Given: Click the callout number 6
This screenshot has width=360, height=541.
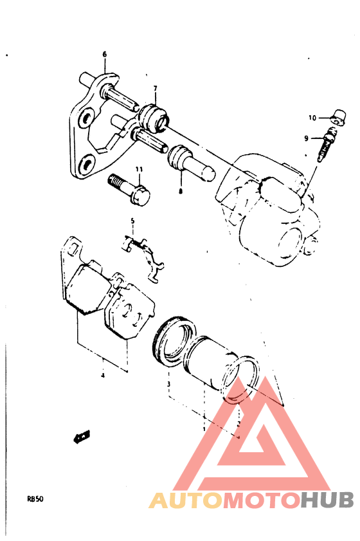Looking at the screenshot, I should click(x=104, y=55).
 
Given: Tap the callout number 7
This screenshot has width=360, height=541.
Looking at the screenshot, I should click(x=155, y=88).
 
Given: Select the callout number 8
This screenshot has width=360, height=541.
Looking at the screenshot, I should click(x=181, y=191).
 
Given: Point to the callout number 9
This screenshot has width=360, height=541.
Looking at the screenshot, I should click(x=307, y=138).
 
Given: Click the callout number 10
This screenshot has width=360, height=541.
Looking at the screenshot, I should click(x=311, y=118).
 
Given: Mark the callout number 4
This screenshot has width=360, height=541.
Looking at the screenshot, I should click(x=102, y=376).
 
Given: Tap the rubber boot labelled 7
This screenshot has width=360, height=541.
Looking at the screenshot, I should click(x=154, y=118).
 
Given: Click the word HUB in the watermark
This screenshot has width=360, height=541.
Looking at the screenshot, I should click(x=327, y=500).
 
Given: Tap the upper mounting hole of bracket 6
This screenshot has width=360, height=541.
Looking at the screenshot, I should click(x=85, y=120).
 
